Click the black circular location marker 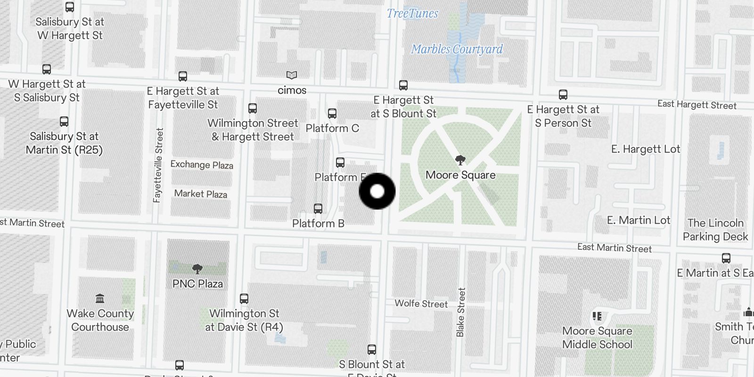377,191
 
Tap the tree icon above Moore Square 460,160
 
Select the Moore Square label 460,175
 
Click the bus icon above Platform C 332,114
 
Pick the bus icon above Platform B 318,209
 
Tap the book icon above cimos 292,75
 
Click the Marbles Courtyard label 457,49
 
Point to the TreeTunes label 412,14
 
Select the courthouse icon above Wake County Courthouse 100,299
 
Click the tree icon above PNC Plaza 197,269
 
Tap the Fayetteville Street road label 158,165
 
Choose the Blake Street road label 460,312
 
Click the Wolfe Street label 421,303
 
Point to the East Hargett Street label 697,105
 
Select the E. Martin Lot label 639,220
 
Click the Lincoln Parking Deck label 715,229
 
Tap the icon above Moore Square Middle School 597,316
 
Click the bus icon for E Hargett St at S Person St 563,95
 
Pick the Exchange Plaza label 202,164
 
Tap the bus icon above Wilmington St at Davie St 244,299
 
